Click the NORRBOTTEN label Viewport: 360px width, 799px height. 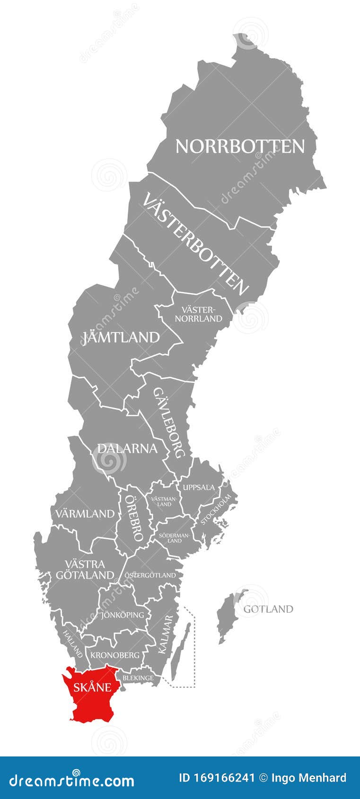[240, 147]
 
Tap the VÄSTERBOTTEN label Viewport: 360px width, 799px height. [195, 244]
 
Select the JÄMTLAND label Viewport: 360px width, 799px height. [121, 338]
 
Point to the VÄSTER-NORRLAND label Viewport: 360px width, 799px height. [198, 314]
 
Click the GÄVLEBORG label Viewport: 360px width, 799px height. [168, 423]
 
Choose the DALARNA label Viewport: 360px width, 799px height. [127, 448]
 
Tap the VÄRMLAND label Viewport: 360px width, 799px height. [85, 513]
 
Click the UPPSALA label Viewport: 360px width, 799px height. [199, 487]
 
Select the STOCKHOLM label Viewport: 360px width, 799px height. [216, 509]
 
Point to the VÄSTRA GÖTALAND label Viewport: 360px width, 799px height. [85, 569]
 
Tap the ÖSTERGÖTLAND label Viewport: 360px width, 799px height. [150, 575]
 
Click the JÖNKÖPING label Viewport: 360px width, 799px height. [123, 615]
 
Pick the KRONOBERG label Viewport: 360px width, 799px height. [115, 655]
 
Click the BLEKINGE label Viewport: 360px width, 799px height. [138, 677]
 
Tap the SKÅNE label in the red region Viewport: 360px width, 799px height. [92, 687]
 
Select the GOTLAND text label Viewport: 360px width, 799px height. [268, 609]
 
